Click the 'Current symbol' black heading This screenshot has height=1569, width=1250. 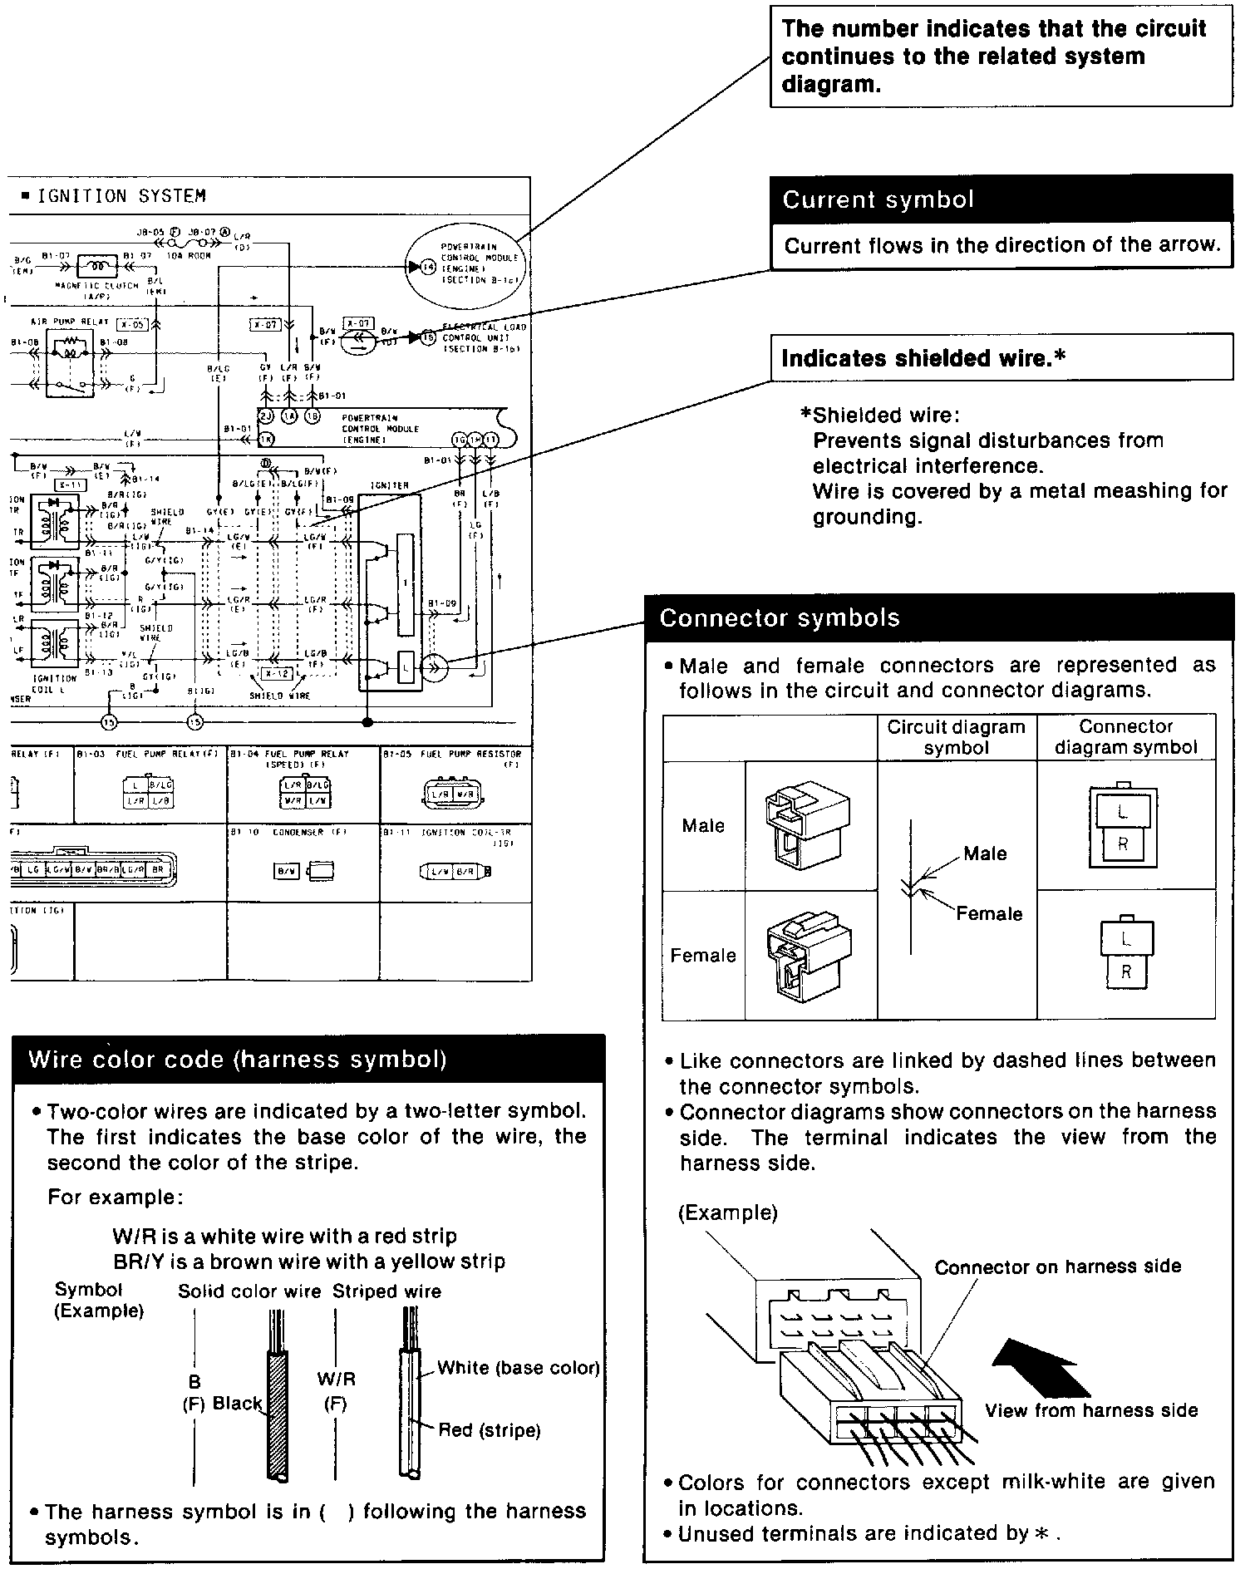click(x=878, y=200)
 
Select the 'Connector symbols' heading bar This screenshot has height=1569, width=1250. click(x=780, y=618)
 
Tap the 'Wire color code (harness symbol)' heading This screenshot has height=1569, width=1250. click(x=238, y=1060)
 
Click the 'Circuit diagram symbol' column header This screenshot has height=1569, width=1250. click(x=956, y=737)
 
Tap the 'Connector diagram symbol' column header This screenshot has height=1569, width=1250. click(x=1125, y=737)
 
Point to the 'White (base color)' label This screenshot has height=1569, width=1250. click(x=519, y=1367)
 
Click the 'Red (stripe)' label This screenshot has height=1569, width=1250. click(x=490, y=1430)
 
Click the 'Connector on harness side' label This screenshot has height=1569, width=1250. click(x=1057, y=1267)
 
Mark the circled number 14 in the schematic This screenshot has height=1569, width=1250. click(x=428, y=268)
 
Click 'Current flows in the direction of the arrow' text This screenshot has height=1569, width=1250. click(x=1001, y=246)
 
